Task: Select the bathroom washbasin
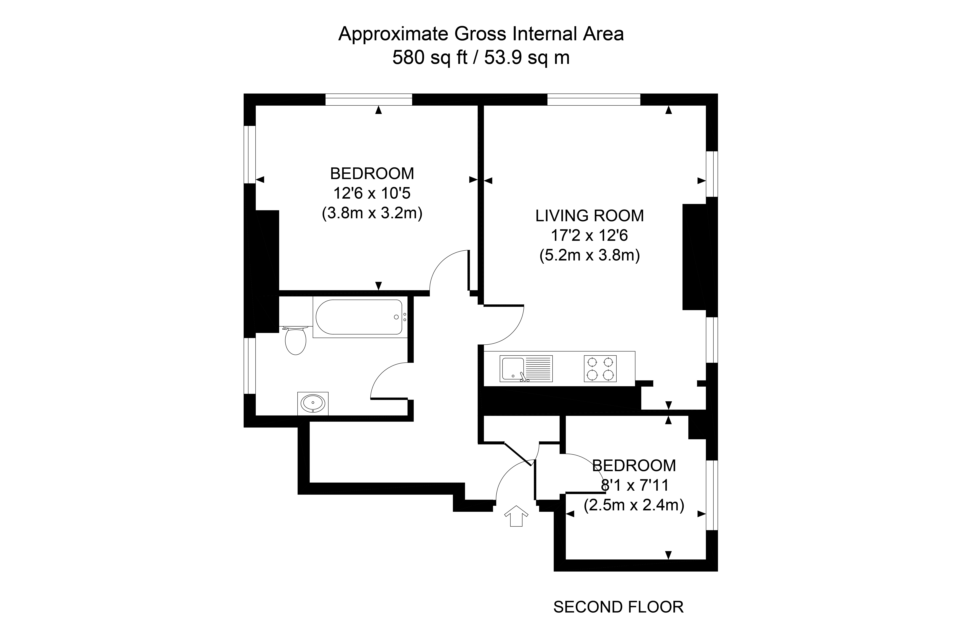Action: click(x=313, y=403)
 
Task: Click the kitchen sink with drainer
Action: click(x=526, y=369)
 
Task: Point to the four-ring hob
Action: click(x=600, y=369)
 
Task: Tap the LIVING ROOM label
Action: click(x=589, y=216)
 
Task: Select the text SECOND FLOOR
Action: click(x=618, y=607)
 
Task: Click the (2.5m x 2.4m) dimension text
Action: click(x=634, y=505)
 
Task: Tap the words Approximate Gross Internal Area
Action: click(x=481, y=34)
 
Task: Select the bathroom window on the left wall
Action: click(x=250, y=366)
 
